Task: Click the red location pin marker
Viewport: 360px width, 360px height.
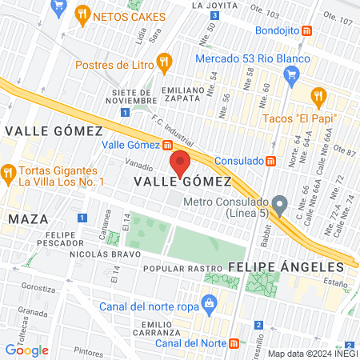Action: (180, 163)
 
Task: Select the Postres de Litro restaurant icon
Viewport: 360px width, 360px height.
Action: (164, 61)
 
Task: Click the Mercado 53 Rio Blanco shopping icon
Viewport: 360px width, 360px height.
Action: (292, 73)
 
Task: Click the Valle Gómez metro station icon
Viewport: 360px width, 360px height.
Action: (167, 146)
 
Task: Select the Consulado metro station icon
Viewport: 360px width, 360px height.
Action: (271, 160)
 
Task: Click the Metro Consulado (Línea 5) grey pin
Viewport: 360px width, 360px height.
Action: (279, 206)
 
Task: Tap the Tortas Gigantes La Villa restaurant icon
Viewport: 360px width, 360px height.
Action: (9, 172)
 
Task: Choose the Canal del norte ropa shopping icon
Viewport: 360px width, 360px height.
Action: (209, 302)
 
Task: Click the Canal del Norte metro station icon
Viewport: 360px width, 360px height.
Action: (233, 342)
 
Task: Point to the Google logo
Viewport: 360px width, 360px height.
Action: (26, 350)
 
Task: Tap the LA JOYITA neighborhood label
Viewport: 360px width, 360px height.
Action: (214, 5)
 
